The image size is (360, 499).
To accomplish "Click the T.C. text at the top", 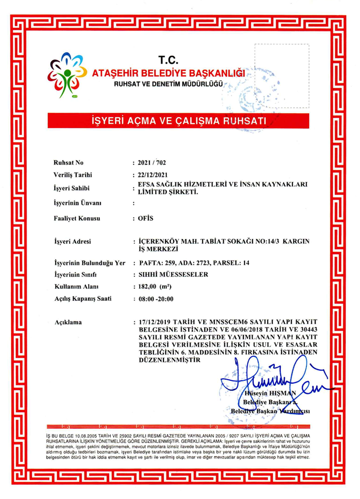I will point(168,60).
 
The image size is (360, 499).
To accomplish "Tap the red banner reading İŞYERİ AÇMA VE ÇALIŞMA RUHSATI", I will point(179,121).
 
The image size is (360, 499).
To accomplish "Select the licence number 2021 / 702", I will point(152,162).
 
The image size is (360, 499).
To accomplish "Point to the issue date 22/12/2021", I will point(153,175).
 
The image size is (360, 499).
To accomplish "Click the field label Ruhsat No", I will point(68,162).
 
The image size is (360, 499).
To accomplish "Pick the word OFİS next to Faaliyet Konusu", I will point(146,218).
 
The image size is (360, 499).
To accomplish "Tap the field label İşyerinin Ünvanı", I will point(77,203).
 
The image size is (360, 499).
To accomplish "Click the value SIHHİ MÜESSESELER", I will point(173,275).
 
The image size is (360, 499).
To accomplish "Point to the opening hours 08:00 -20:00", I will point(156,299).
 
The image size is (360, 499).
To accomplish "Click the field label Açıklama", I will point(68,322).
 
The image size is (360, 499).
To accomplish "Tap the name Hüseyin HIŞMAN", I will point(270,393).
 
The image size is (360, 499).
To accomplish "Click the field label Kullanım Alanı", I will point(77,286).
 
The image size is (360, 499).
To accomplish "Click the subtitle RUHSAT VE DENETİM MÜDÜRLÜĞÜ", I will point(168,84).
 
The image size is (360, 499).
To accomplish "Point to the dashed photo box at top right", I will point(282,76).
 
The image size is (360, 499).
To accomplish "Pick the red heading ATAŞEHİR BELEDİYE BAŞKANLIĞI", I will point(168,73).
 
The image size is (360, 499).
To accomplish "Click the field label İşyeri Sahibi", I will point(71,188).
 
